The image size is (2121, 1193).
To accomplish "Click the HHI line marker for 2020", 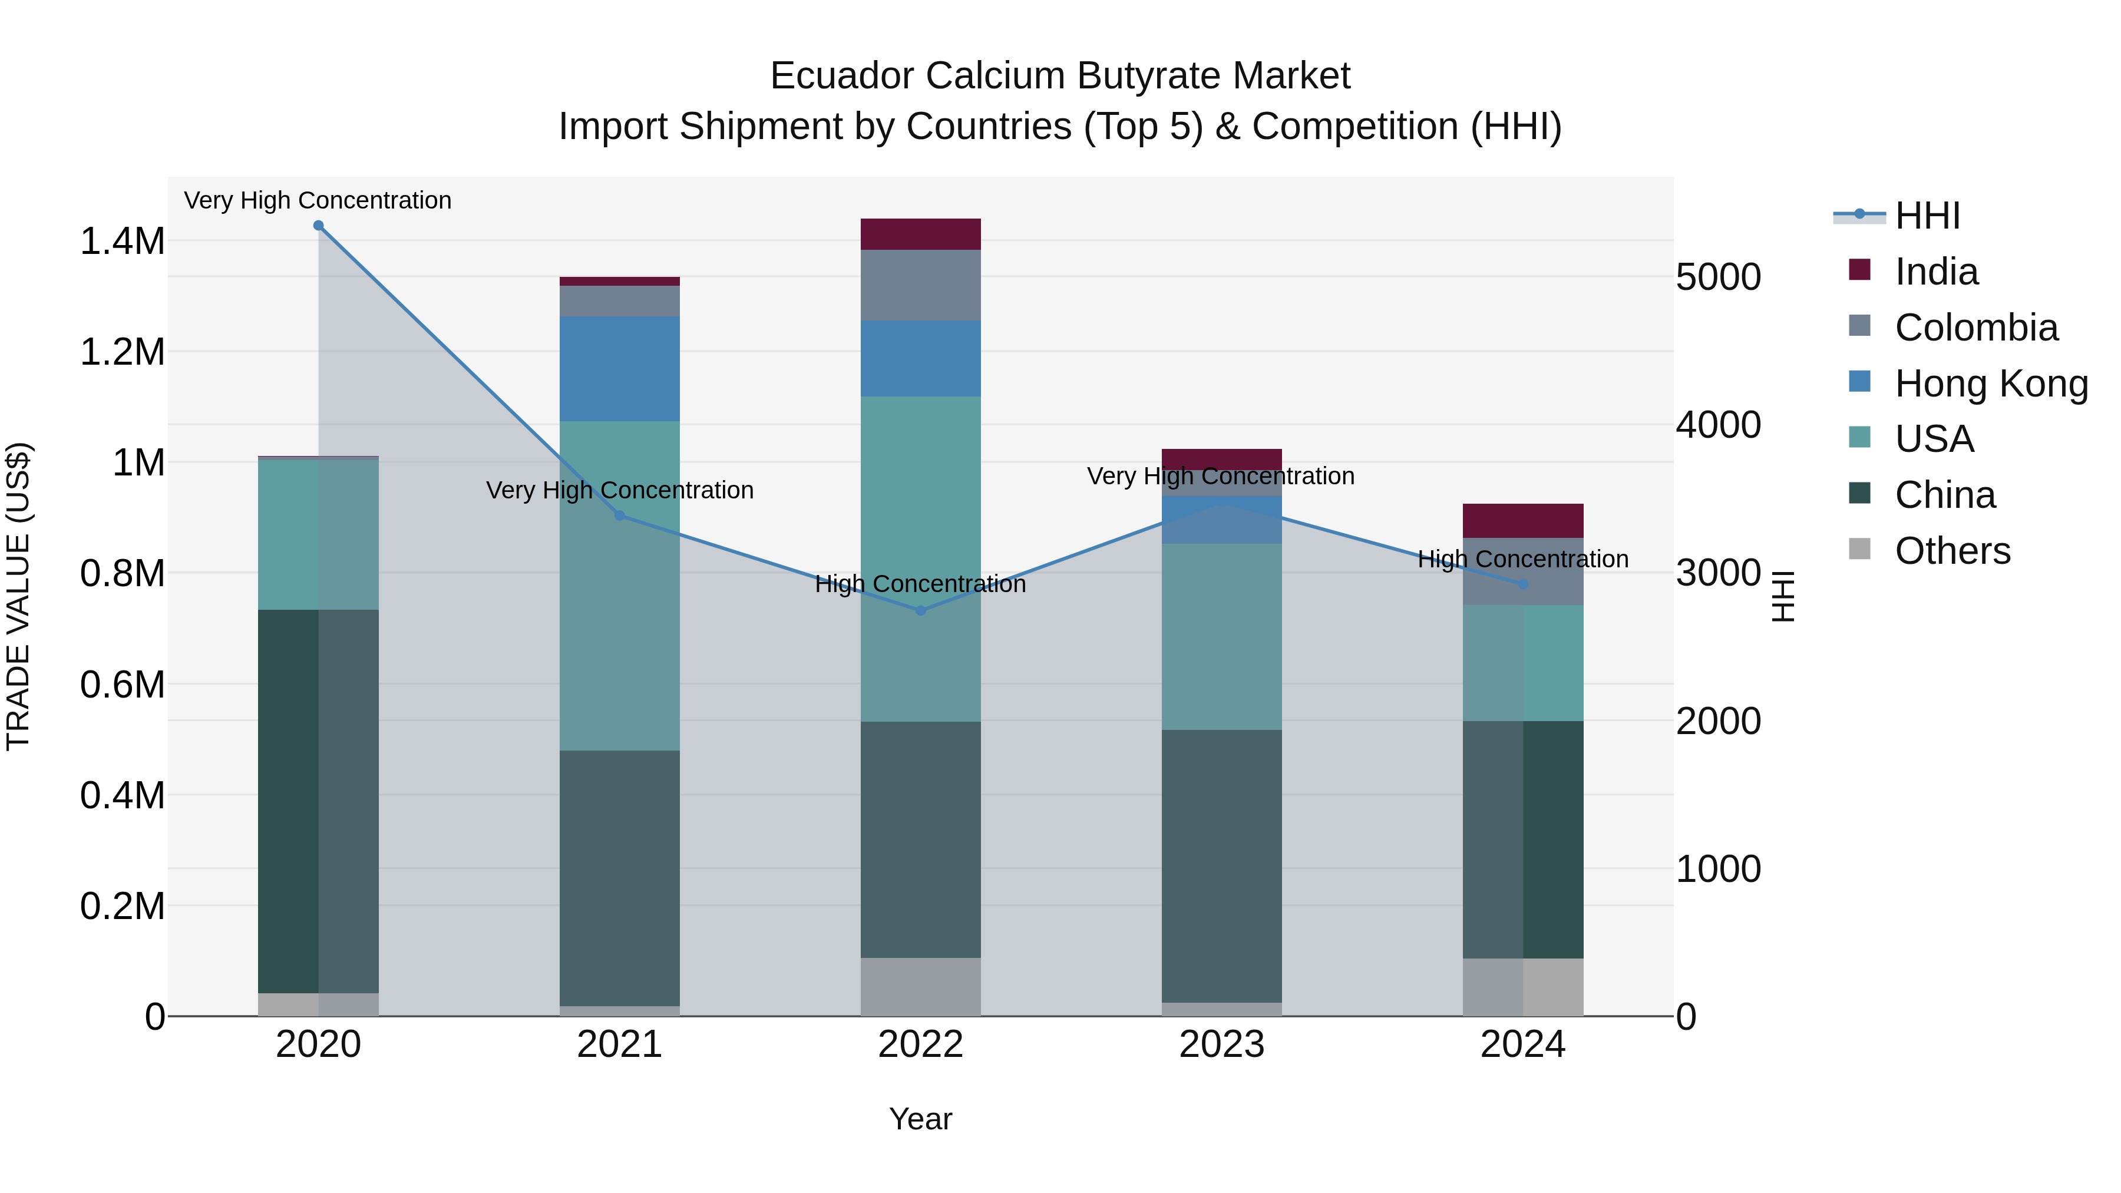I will (x=319, y=226).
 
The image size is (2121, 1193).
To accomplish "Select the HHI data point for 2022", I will (x=920, y=610).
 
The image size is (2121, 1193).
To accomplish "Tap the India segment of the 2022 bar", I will (x=920, y=234).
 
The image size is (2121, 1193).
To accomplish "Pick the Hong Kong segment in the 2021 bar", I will (x=619, y=368).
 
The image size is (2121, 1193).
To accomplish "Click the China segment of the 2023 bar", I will (x=1221, y=864).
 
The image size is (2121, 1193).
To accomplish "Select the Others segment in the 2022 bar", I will (x=920, y=986).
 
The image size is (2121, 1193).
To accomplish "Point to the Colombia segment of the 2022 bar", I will (x=920, y=285).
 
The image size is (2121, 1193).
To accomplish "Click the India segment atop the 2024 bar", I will (x=1522, y=520).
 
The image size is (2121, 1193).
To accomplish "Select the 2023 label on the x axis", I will (x=1221, y=1045).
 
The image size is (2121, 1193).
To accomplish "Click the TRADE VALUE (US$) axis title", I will (x=18, y=596).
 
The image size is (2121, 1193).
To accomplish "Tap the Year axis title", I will (x=920, y=1119).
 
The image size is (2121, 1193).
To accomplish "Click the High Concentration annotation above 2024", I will (x=1522, y=559).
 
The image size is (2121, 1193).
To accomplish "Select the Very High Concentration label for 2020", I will (x=318, y=201).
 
